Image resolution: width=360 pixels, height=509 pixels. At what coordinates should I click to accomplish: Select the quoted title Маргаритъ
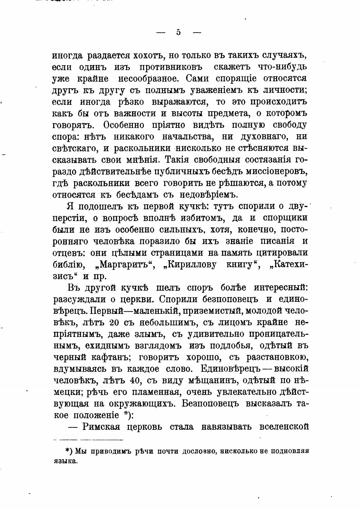point(124,265)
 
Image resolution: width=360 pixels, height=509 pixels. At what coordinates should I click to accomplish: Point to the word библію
point(67,265)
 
